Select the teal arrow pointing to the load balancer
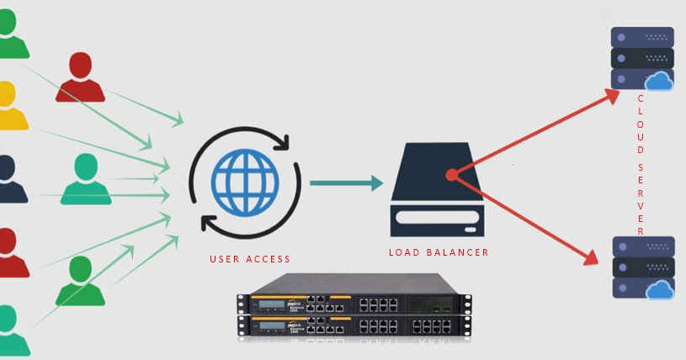pos(345,183)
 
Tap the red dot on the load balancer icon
pos(452,175)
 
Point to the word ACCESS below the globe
pos(266,259)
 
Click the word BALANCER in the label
pos(458,251)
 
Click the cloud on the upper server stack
pos(659,82)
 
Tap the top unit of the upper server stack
pos(641,38)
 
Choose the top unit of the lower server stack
pos(641,247)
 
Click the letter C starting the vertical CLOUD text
pos(641,98)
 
